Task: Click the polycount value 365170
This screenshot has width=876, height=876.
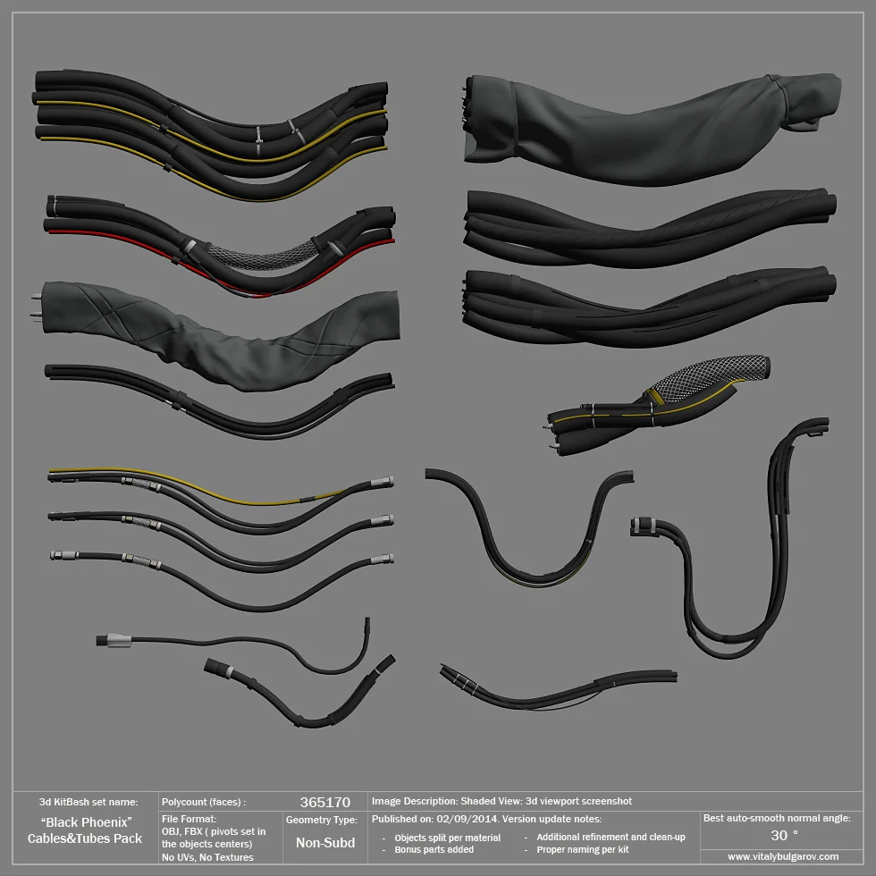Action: (324, 803)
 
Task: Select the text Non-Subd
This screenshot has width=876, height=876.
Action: (325, 842)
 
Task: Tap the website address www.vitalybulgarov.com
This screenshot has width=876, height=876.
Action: (783, 856)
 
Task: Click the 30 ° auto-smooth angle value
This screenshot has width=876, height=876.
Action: (784, 835)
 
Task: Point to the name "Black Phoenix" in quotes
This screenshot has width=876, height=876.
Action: (87, 821)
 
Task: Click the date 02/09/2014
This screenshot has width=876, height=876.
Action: (467, 819)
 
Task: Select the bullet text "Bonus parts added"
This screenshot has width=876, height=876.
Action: (434, 849)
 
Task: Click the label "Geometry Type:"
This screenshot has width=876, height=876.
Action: (321, 819)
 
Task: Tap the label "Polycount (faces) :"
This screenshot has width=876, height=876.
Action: (203, 803)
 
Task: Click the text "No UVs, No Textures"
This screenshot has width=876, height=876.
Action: (207, 857)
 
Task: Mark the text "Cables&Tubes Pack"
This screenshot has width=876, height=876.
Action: (85, 838)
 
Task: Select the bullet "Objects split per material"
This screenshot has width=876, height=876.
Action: (447, 838)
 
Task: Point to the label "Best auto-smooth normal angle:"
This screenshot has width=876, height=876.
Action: (777, 818)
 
